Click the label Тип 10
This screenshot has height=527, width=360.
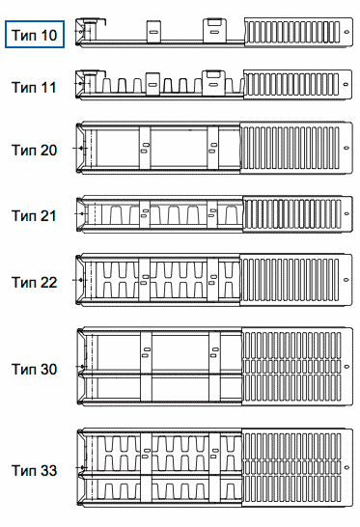[x=35, y=35]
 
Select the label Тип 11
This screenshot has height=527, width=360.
[x=34, y=88]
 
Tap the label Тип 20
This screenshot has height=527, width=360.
[x=35, y=150]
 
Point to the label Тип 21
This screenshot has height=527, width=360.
[x=34, y=215]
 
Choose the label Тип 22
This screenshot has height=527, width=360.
[x=35, y=282]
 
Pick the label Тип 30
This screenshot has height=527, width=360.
[x=35, y=369]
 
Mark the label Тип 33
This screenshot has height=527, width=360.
[x=35, y=470]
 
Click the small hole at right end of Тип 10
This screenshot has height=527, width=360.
[x=346, y=32]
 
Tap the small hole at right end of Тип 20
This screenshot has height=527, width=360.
[x=346, y=148]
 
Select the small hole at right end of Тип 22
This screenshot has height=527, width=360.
[x=346, y=279]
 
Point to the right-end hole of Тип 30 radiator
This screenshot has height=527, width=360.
[x=346, y=367]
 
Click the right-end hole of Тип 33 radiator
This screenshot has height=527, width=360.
[x=346, y=467]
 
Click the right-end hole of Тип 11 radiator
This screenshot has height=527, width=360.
[x=346, y=84]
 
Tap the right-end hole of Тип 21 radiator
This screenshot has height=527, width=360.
[x=346, y=213]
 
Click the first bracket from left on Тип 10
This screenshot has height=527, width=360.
[x=153, y=32]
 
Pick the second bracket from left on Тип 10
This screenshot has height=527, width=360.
[x=214, y=31]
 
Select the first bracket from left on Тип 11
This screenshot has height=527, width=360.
[x=152, y=84]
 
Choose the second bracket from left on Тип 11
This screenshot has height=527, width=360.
[x=213, y=82]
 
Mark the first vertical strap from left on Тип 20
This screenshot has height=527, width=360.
[x=145, y=148]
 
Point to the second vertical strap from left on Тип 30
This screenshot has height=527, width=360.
[x=214, y=367]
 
